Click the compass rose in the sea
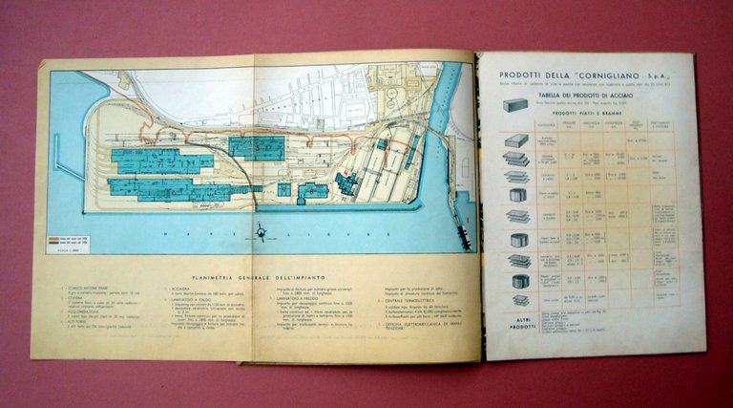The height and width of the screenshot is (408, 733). click(x=261, y=231)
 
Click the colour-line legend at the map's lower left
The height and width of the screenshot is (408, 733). click(x=70, y=241)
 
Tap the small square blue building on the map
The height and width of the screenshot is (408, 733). click(x=284, y=189)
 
